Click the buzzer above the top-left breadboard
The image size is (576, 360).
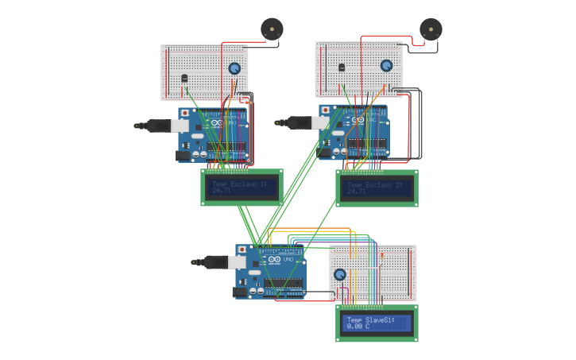click(x=272, y=29)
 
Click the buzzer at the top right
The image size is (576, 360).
click(x=431, y=29)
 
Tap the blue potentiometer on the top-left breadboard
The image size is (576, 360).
click(x=234, y=68)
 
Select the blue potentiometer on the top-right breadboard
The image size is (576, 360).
click(x=386, y=66)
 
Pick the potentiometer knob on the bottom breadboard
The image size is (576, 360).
click(x=340, y=274)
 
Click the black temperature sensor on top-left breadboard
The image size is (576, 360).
click(x=185, y=78)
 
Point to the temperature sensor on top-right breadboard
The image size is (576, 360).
click(x=342, y=68)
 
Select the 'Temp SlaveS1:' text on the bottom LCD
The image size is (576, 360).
click(x=371, y=319)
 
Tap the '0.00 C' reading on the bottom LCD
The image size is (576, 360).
click(x=358, y=326)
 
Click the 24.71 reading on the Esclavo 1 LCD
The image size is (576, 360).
click(x=222, y=191)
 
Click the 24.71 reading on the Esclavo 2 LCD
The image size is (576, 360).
click(x=357, y=192)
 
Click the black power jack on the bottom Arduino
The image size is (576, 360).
click(x=239, y=292)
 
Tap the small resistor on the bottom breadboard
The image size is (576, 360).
click(x=382, y=257)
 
